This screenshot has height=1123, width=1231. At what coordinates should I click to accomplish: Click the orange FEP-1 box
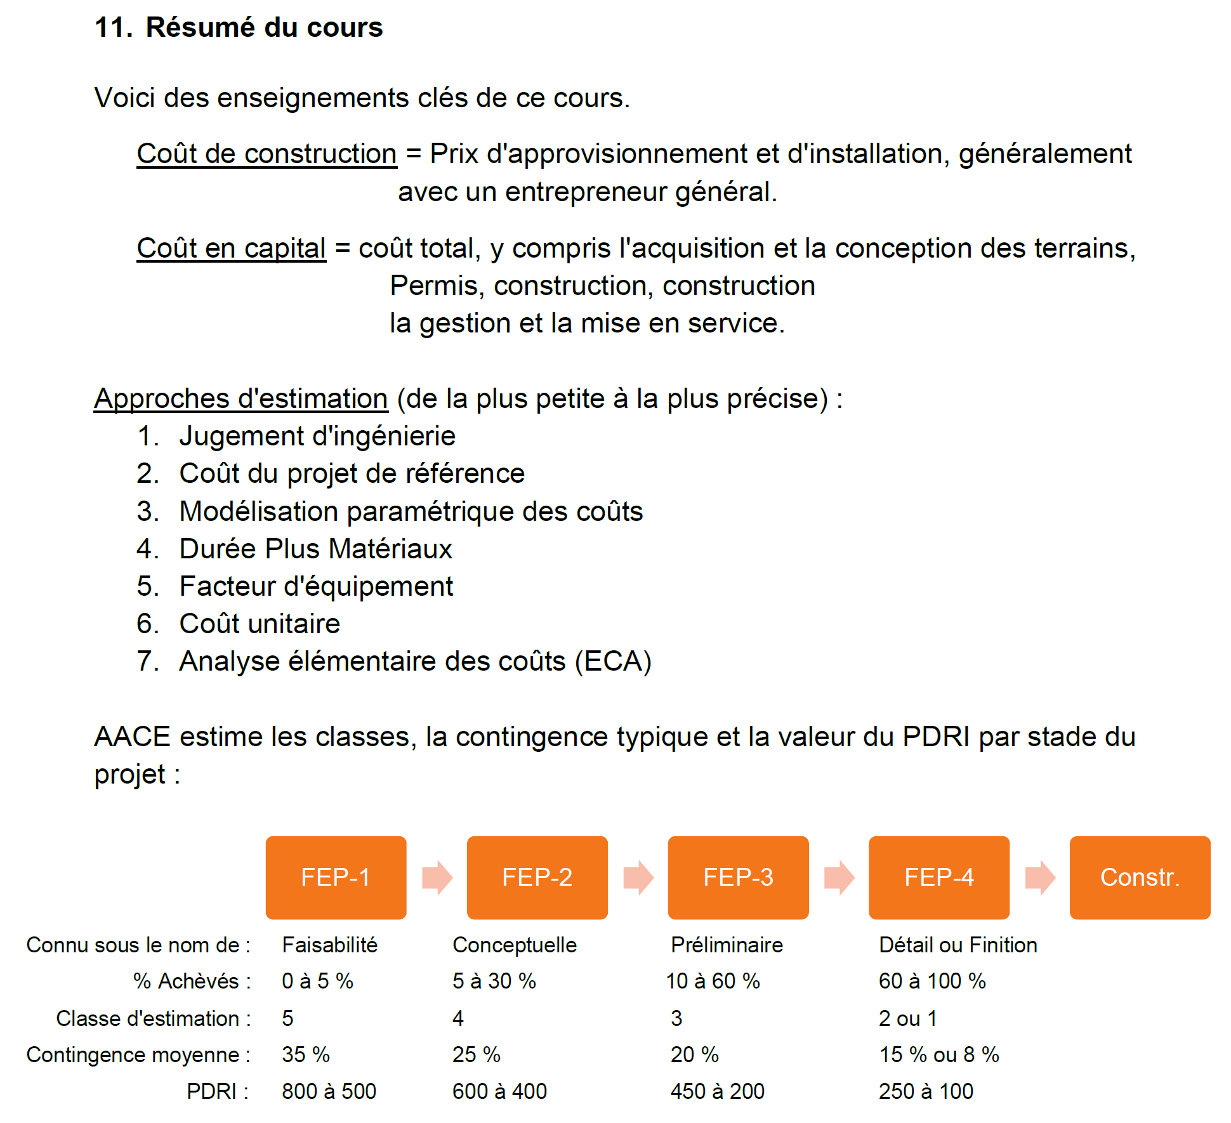[336, 877]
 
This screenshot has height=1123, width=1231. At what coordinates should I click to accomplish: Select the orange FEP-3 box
[738, 877]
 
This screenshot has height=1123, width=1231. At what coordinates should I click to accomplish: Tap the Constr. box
[1140, 877]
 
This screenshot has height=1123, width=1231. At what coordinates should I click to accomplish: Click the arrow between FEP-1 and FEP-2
[437, 877]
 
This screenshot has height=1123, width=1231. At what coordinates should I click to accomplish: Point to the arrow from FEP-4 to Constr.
[1039, 877]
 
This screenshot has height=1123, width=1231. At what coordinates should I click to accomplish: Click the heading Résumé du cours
[264, 27]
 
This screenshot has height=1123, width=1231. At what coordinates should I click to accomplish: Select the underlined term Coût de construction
[267, 154]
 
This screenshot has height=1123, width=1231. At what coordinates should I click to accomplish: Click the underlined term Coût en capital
[231, 248]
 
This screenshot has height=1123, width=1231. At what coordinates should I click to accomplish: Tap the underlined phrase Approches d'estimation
[240, 399]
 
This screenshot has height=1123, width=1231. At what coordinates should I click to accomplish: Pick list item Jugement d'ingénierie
[317, 437]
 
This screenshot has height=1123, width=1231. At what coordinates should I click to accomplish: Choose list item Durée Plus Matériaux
[315, 549]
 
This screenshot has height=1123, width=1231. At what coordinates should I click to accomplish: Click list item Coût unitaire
[260, 624]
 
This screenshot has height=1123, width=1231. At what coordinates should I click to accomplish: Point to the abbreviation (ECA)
[613, 661]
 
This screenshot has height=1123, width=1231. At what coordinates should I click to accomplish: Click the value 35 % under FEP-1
[306, 1054]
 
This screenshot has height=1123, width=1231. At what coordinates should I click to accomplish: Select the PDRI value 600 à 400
[499, 1091]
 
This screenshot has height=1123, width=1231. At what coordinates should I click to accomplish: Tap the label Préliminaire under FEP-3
[727, 945]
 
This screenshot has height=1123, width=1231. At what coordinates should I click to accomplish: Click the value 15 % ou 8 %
[938, 1054]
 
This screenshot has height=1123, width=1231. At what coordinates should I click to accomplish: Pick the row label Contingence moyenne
[138, 1054]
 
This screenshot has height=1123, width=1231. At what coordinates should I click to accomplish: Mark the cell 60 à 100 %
[932, 981]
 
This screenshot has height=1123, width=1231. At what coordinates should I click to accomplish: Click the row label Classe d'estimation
[153, 1018]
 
